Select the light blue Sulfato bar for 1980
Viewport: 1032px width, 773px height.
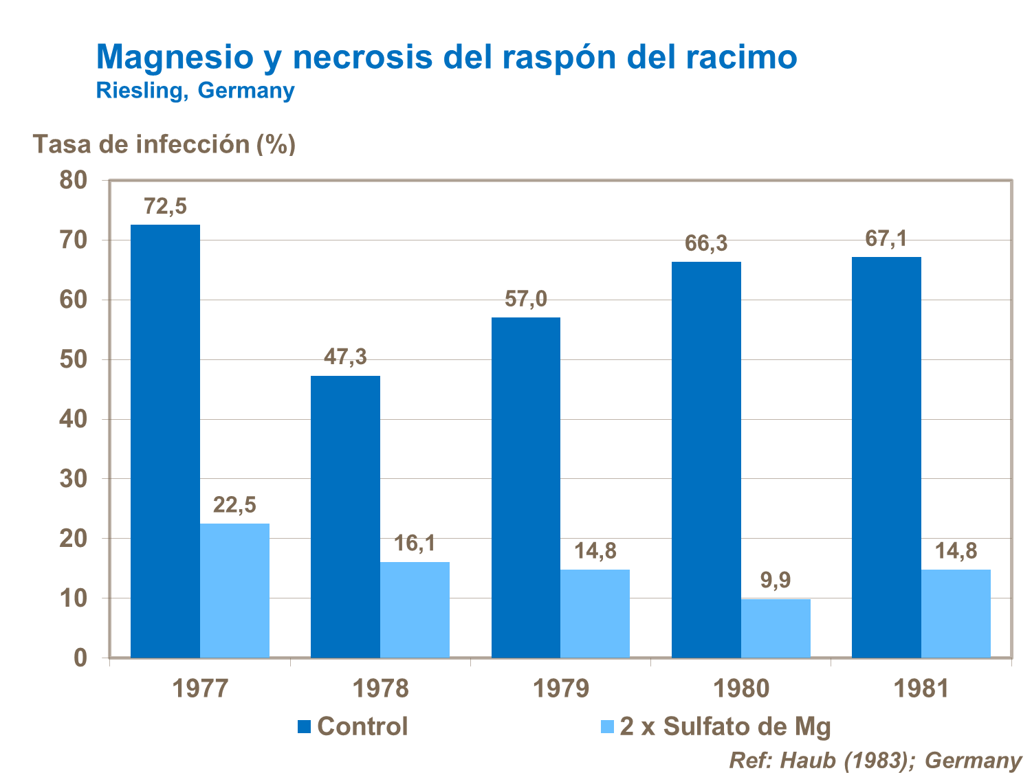pos(776,628)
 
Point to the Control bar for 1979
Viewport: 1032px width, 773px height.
pos(526,487)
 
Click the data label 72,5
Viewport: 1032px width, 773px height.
pos(165,206)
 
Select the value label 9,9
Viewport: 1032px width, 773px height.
pos(776,581)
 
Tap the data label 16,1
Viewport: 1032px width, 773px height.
pos(415,544)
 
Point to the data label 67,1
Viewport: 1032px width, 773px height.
pos(886,238)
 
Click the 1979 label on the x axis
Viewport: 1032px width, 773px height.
pos(561,688)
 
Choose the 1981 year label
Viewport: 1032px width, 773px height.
pos(921,688)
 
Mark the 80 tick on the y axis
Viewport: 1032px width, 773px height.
pos(74,180)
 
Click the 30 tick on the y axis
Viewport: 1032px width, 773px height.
pos(74,479)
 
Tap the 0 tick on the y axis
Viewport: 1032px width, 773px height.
pos(80,658)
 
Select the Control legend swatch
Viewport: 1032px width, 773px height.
pos(305,727)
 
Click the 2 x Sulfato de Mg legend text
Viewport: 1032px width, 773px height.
pos(725,726)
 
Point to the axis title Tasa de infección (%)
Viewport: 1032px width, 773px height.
pos(164,144)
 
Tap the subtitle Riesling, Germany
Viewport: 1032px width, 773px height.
pos(195,90)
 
